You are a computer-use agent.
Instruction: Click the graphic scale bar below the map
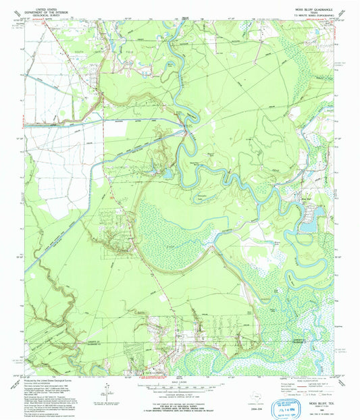click(x=180, y=388)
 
